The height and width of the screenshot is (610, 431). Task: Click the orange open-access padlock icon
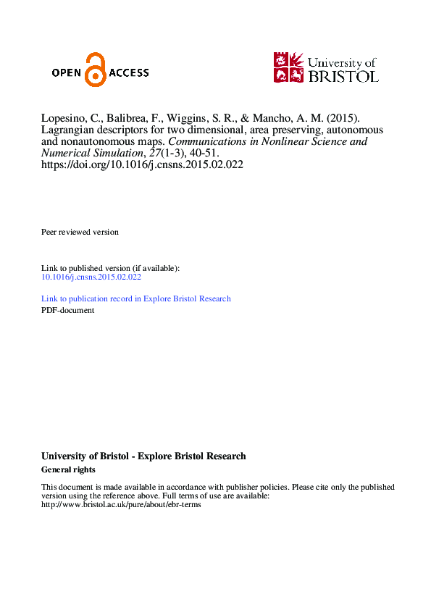(x=94, y=70)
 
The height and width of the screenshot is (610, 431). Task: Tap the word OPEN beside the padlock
(x=68, y=72)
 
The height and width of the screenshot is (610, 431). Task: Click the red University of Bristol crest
(x=289, y=67)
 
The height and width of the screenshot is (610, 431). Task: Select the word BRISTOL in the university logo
(x=343, y=75)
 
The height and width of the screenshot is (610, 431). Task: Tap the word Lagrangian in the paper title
(x=67, y=130)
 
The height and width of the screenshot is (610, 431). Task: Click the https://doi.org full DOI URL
(x=142, y=164)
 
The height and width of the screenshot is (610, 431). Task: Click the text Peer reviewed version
(x=80, y=232)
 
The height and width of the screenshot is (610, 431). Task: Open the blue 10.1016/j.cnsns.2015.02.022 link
(x=91, y=277)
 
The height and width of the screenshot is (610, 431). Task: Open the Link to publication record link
(x=136, y=298)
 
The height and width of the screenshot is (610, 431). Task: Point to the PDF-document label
(x=68, y=310)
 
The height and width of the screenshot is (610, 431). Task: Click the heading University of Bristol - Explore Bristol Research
(x=143, y=456)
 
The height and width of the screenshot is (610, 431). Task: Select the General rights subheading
(x=69, y=469)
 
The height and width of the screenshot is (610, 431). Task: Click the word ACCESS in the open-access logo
(x=129, y=72)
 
